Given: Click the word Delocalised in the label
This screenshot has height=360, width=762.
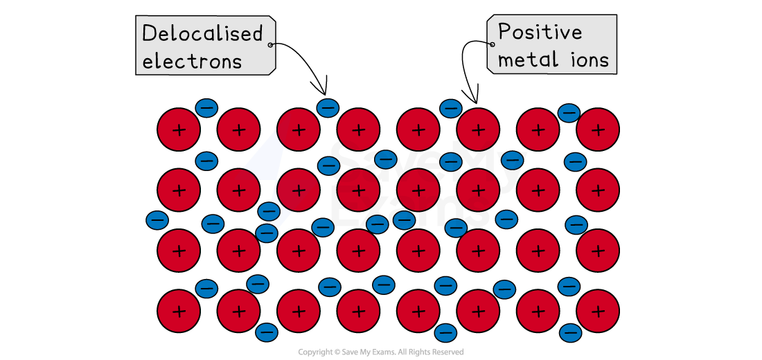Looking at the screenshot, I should (x=202, y=34).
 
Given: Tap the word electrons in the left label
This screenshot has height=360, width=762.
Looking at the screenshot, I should (x=192, y=61).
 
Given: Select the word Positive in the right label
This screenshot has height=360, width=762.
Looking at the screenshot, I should (x=540, y=32).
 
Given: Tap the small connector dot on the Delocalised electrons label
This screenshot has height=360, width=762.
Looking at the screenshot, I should (x=270, y=45).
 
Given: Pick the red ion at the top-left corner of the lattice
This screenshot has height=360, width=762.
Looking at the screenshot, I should (x=179, y=129).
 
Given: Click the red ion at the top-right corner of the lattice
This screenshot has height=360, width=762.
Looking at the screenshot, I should (x=598, y=129).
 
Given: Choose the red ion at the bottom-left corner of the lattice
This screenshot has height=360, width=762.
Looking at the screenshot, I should (x=179, y=311).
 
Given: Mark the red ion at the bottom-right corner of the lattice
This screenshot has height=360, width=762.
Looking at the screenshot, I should (x=598, y=311).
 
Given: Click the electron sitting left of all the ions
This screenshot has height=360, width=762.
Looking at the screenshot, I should (x=157, y=220).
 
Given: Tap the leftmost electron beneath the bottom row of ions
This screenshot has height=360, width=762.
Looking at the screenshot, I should (x=267, y=333).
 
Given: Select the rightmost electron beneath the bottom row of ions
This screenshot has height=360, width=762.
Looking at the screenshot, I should (x=570, y=334).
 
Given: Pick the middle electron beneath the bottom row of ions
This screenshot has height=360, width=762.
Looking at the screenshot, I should (x=446, y=334).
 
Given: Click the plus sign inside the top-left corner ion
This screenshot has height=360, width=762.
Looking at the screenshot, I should (x=179, y=129).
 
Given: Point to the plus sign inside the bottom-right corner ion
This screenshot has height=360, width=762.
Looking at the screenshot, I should (x=598, y=311).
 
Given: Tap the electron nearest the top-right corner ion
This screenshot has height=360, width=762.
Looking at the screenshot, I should (x=569, y=113).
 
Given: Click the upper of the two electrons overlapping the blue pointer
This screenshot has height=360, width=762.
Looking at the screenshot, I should (x=269, y=211).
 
